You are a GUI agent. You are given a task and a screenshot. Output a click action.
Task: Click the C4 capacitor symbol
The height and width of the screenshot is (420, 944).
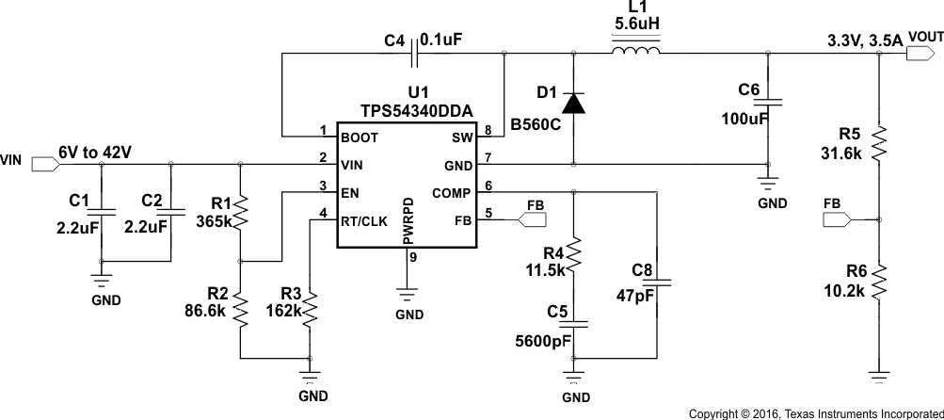(415, 54)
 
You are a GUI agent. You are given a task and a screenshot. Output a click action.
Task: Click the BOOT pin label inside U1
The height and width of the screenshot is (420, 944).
(360, 137)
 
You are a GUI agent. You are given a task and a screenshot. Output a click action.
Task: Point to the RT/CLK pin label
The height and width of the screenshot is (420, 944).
(365, 222)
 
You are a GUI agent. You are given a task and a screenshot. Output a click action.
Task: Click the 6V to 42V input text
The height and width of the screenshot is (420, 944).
(94, 152)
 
